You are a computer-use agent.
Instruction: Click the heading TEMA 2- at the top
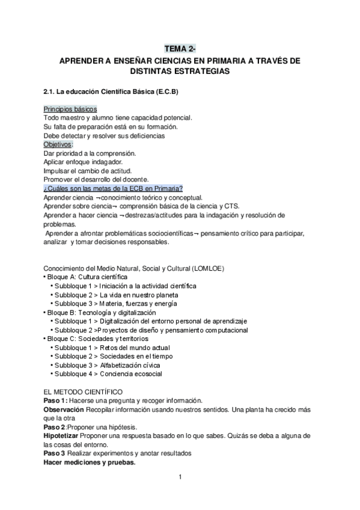[180, 49]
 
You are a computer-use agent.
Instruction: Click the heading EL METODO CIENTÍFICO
[84, 392]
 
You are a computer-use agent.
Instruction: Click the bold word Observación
[64, 409]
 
